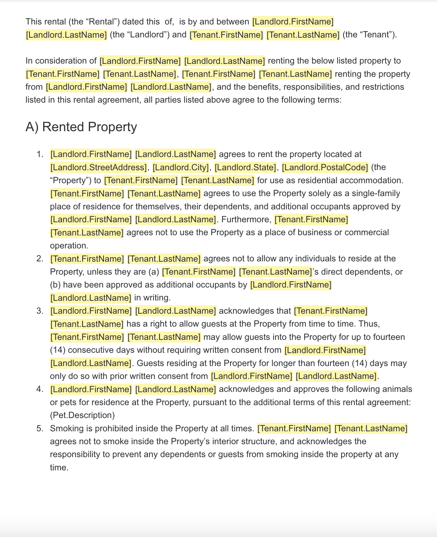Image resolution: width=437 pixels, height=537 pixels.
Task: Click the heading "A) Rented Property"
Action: coord(81,127)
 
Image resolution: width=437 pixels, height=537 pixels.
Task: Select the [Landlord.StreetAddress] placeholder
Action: coord(99,167)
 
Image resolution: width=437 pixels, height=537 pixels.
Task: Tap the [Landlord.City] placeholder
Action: coord(180,167)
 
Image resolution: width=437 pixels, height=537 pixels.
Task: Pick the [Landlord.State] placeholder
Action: coord(245,167)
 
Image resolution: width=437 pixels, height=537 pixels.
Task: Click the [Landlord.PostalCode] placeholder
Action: coord(325,167)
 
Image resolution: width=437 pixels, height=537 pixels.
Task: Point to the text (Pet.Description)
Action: coord(82,415)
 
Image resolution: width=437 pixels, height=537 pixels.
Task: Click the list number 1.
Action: coord(40,154)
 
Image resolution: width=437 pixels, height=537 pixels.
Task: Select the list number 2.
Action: coord(40,259)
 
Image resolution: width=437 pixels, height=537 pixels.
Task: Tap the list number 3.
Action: coord(40,311)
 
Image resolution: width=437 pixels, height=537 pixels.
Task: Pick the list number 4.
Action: coord(40,389)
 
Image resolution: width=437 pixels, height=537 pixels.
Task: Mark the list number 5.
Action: coord(40,429)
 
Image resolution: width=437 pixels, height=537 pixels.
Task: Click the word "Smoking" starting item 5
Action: coord(64,429)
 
